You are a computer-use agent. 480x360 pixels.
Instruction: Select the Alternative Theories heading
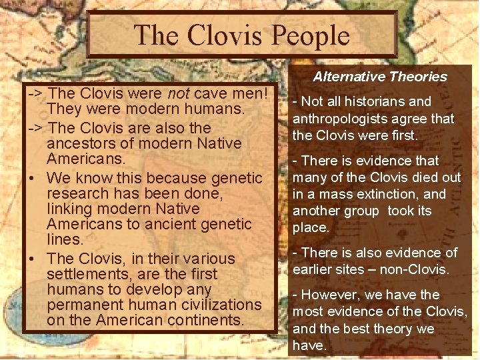(380, 77)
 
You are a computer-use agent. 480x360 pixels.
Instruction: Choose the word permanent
(85, 305)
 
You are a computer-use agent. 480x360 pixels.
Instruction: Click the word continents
(205, 321)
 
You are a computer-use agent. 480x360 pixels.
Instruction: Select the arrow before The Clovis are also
(34, 128)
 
